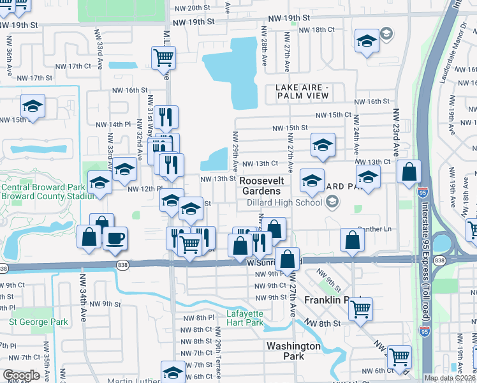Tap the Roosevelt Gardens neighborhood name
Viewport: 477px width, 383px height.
pos(260,186)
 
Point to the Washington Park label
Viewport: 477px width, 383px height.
pos(293,350)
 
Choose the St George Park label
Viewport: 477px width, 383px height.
pos(38,322)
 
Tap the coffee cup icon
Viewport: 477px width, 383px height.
pos(115,238)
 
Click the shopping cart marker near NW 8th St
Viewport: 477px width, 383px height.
pos(361,309)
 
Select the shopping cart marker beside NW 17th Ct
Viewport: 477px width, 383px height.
pos(164,57)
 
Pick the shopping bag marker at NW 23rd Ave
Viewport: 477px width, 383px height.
pos(408,170)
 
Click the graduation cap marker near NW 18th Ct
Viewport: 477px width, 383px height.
pos(367,41)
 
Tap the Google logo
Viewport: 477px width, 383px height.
pos(21,375)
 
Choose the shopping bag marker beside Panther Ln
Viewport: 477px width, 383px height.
pos(352,240)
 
